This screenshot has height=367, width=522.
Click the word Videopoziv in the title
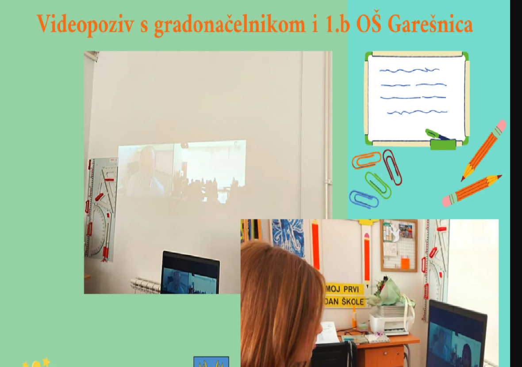(85, 24)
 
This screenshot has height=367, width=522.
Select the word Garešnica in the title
(430, 23)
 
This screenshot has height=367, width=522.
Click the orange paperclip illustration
(366, 160)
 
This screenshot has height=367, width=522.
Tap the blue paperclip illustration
(364, 199)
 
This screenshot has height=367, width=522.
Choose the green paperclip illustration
(377, 185)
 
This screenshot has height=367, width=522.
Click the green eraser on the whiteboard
(443, 144)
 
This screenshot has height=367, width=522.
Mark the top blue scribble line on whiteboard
(410, 70)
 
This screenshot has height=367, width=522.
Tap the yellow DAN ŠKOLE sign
(344, 302)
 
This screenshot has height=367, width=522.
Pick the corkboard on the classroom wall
(399, 246)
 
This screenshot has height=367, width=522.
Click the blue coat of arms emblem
(211, 362)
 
